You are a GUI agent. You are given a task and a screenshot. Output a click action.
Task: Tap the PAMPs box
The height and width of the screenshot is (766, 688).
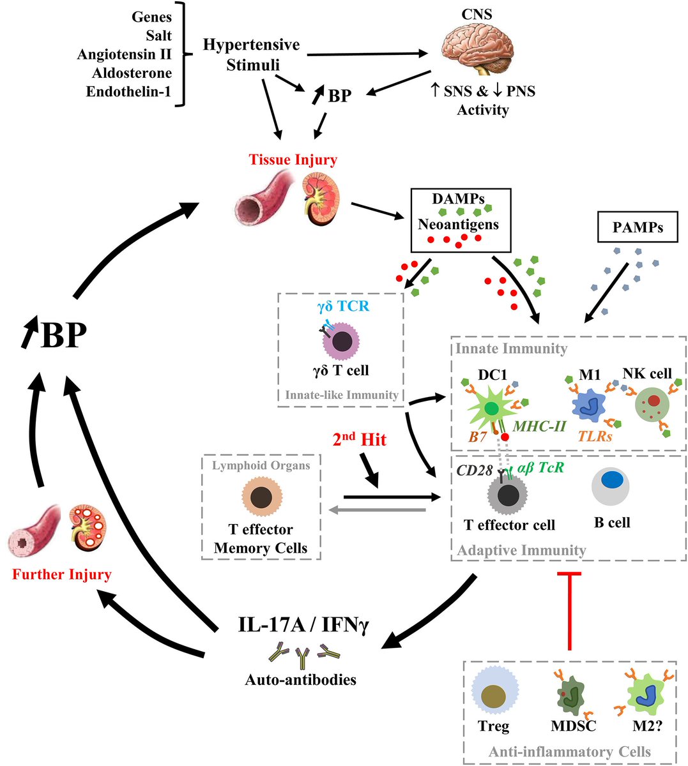[x=637, y=227]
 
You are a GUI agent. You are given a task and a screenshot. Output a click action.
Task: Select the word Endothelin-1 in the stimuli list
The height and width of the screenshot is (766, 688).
[x=128, y=91]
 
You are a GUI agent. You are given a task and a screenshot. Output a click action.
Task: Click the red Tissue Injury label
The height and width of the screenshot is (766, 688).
[x=293, y=160]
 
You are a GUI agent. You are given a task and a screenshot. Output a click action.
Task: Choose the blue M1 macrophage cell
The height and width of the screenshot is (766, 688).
[x=591, y=405]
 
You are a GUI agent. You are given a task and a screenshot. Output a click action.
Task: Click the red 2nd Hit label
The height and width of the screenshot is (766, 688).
[x=360, y=439]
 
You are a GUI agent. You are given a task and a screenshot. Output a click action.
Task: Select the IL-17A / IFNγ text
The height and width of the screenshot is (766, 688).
[x=303, y=626]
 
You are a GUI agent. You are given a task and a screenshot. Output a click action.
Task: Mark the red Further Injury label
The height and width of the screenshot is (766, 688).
[x=61, y=574]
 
